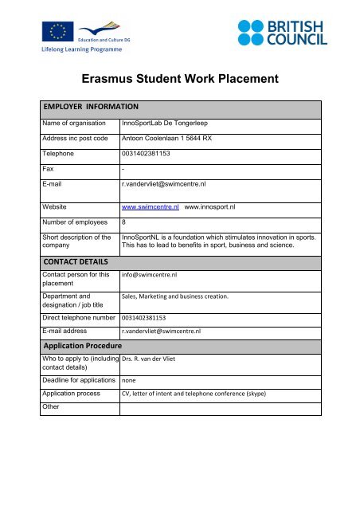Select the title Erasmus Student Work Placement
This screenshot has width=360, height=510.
coord(180,79)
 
